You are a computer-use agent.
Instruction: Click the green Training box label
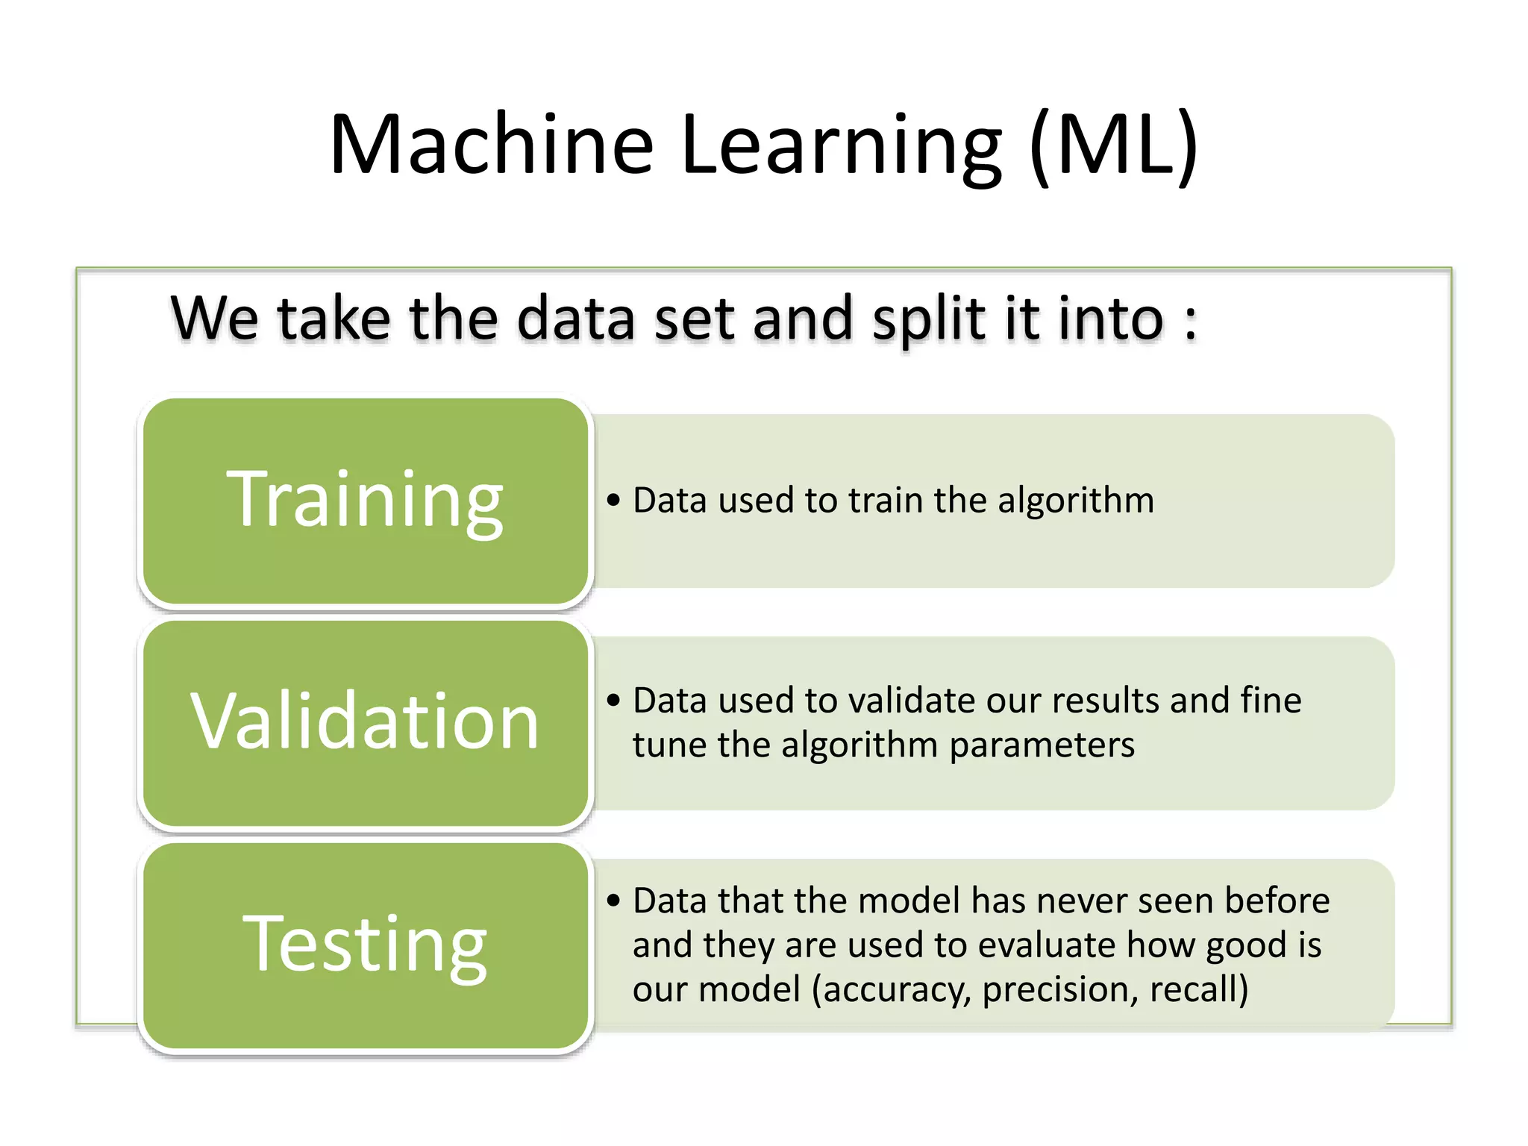(365, 500)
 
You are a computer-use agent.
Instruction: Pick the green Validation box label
(365, 721)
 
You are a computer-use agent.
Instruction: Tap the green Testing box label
(365, 945)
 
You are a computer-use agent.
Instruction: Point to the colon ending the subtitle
(1191, 322)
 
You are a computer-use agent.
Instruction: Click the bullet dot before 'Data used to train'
(613, 500)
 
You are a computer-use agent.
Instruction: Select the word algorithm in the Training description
(1076, 500)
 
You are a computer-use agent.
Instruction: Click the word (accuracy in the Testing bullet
(891, 990)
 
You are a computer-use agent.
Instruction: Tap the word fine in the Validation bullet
(1271, 701)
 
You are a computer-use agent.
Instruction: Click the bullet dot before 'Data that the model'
(613, 901)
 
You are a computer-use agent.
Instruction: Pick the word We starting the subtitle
(215, 319)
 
